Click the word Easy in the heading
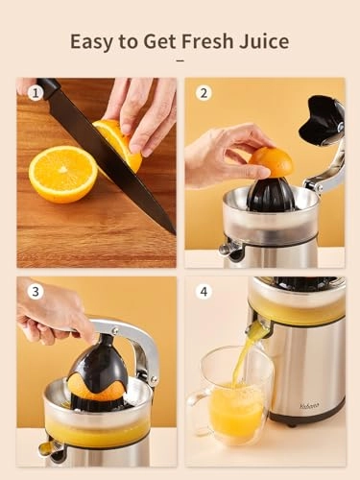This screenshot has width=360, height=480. point(92,41)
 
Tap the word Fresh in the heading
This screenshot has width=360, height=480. point(207,41)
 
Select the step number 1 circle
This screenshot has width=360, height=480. point(36,94)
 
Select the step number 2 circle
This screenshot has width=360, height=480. point(203,94)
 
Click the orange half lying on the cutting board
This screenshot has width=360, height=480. point(61,173)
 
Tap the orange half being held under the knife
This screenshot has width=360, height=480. point(119,142)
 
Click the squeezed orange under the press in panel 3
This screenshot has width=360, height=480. point(96,388)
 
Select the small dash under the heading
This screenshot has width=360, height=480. point(180,60)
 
